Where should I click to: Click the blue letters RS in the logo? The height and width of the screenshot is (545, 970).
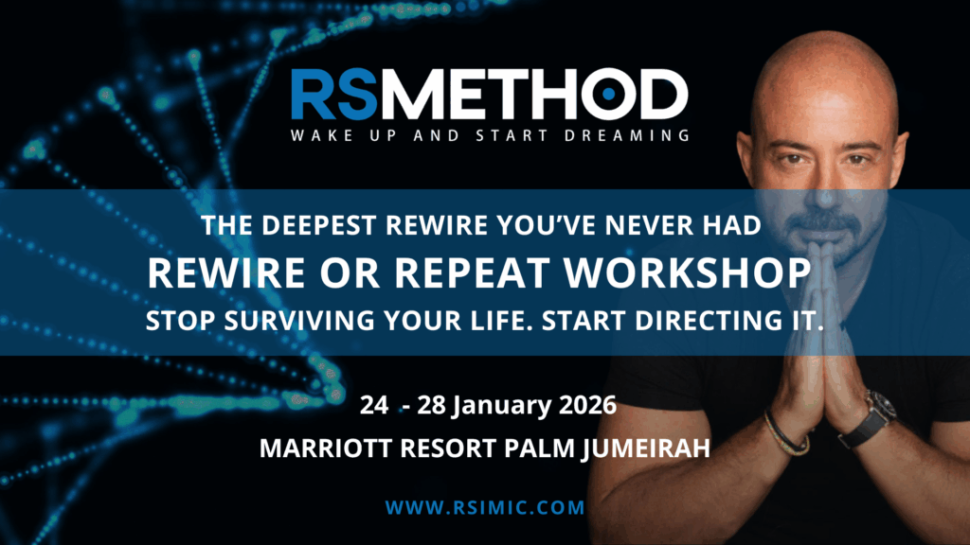tap(334, 95)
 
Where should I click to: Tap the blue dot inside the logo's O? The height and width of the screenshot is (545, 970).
tap(609, 94)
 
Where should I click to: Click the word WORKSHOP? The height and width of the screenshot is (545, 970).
tap(687, 272)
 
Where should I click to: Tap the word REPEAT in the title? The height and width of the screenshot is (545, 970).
tap(472, 272)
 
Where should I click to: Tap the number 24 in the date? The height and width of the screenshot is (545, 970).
tap(374, 405)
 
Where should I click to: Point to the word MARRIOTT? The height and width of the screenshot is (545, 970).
tap(326, 448)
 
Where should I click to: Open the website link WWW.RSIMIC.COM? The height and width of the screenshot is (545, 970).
tap(485, 508)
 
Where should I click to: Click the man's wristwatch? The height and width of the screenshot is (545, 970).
tap(872, 417)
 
